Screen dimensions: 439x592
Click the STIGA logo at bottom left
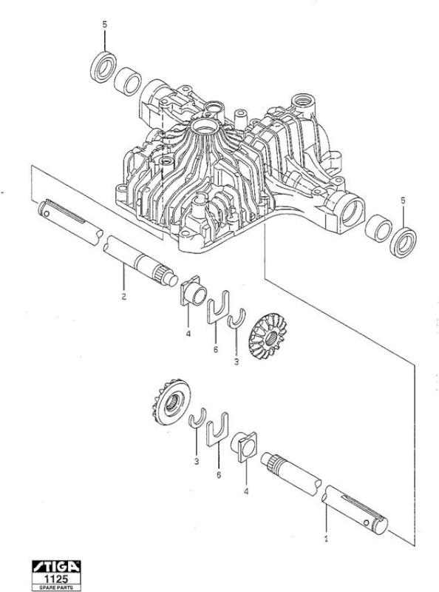[56, 566]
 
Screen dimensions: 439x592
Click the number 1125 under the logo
[56, 579]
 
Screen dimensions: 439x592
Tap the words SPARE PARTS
[56, 588]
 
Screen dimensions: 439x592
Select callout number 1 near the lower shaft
[326, 539]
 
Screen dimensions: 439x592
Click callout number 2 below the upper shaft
[123, 296]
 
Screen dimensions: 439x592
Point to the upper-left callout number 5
[104, 24]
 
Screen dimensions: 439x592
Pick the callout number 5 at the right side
[403, 201]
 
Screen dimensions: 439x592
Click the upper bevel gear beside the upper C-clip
[268, 337]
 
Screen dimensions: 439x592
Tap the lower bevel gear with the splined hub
[171, 402]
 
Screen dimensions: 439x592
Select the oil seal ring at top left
[103, 67]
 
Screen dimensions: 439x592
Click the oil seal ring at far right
[403, 243]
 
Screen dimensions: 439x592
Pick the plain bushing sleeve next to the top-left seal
[128, 81]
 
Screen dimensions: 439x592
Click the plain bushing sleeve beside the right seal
[378, 228]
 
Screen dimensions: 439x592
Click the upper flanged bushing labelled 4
[193, 292]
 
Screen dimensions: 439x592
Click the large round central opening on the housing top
[205, 127]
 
